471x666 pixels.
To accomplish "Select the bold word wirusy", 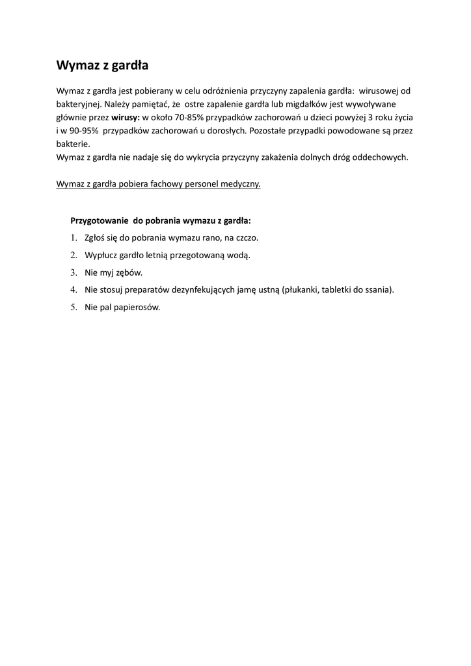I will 125,118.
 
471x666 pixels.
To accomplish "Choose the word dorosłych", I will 226,131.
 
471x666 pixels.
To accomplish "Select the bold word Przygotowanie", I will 99,220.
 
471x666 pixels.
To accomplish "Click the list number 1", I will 74,238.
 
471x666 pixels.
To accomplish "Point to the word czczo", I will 247,238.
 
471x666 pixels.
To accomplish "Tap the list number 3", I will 74,273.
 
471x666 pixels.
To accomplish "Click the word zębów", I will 129,273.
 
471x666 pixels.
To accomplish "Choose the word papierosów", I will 136,308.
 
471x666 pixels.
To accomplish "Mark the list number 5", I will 74,308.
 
